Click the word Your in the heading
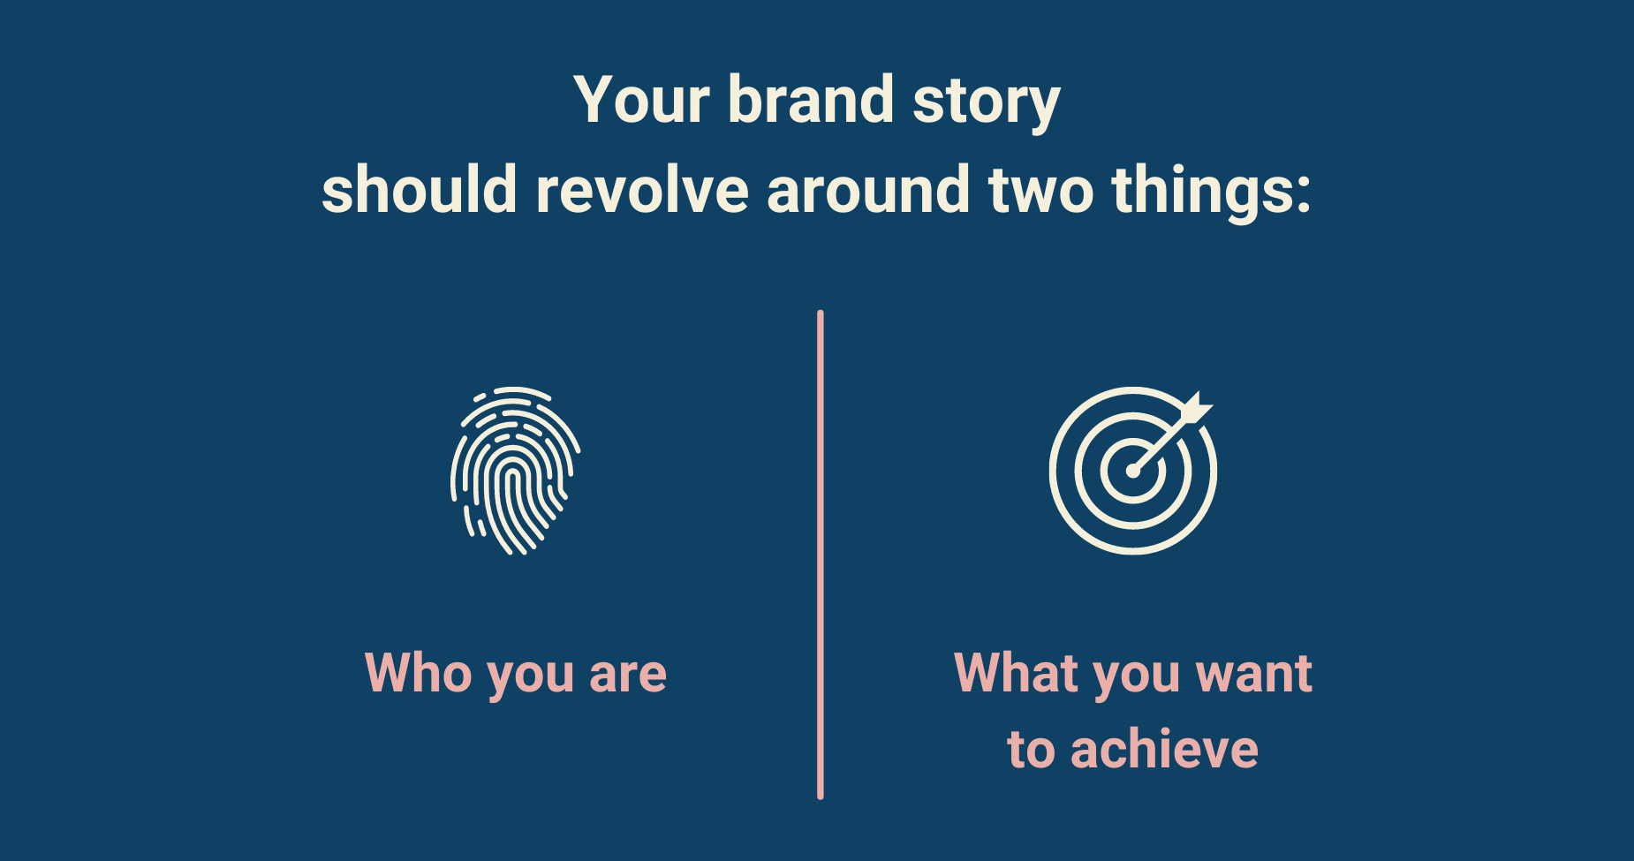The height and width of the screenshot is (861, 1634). click(641, 100)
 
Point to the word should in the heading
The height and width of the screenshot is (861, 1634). click(419, 189)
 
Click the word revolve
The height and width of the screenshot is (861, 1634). click(642, 189)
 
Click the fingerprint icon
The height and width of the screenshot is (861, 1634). click(515, 470)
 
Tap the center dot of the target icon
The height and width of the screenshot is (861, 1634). click(1132, 472)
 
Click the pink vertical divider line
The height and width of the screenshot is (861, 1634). click(821, 555)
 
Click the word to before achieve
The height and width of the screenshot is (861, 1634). click(1031, 751)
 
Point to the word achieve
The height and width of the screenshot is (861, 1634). click(1164, 749)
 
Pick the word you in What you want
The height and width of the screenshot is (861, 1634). click(1138, 680)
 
